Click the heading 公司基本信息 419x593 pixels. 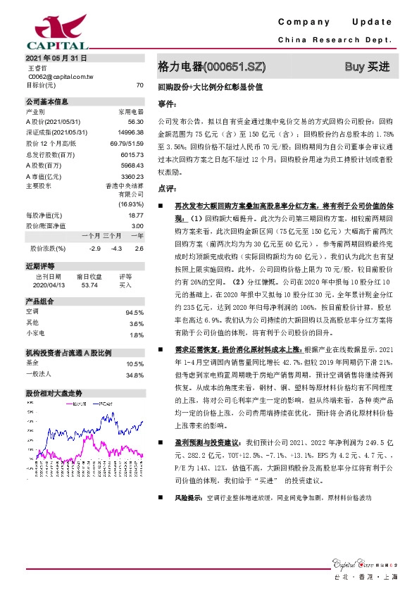[47, 101]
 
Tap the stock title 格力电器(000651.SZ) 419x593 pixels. [212, 68]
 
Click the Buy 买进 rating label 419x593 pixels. [367, 68]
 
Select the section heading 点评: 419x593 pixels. [166, 189]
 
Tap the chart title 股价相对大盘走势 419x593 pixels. [53, 392]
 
